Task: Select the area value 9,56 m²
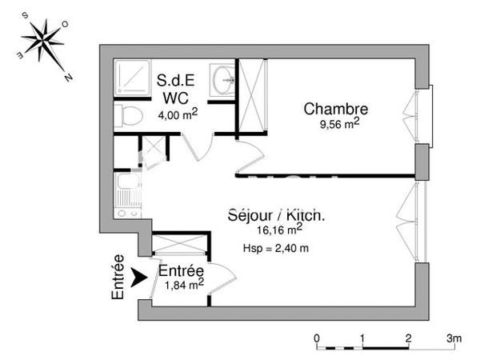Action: [x=338, y=124]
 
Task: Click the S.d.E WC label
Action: [x=174, y=90]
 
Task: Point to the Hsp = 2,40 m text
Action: [x=275, y=248]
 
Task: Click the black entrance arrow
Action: [x=138, y=278]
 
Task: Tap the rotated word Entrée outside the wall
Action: [x=118, y=278]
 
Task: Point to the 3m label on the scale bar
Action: [x=454, y=337]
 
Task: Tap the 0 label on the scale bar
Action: [x=317, y=337]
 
